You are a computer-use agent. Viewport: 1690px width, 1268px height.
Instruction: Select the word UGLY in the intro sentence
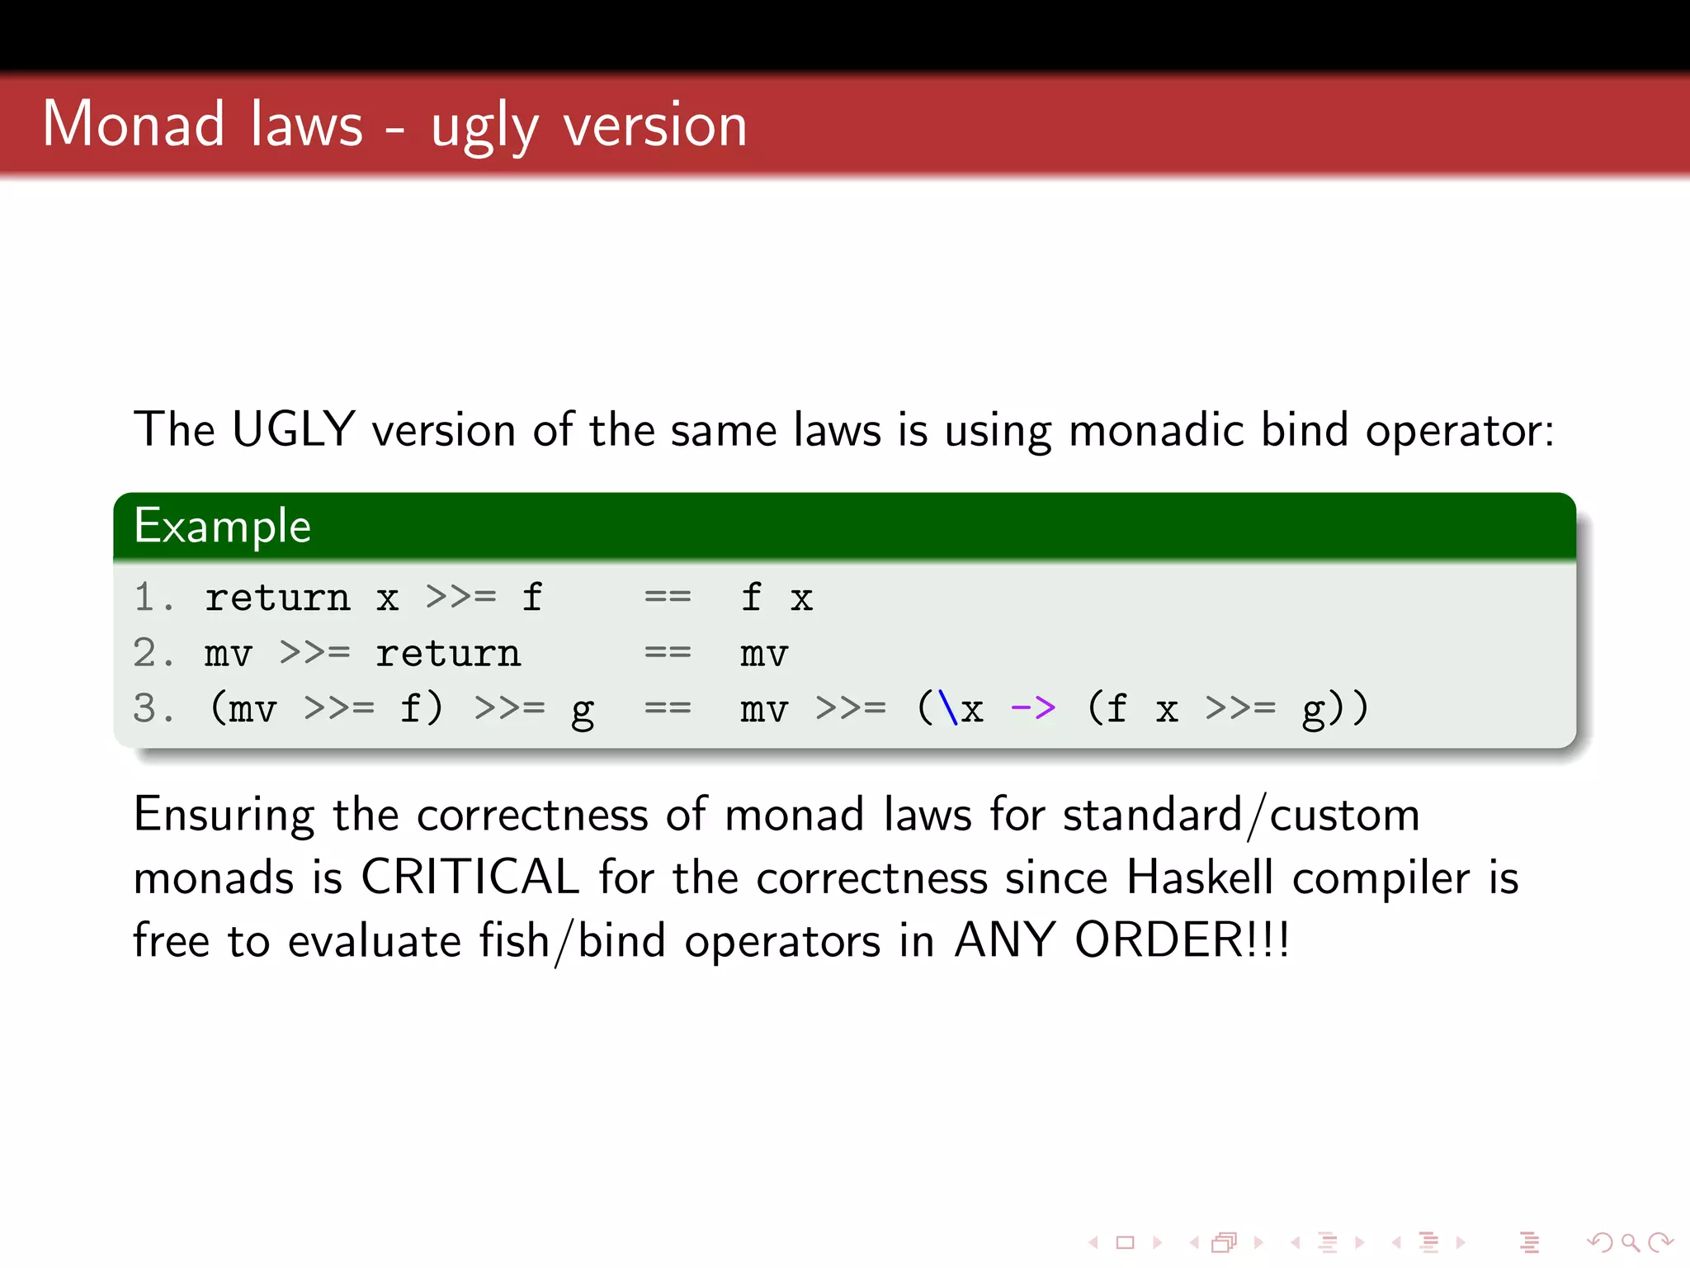[293, 429]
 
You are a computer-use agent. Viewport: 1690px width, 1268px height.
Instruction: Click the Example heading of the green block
[223, 526]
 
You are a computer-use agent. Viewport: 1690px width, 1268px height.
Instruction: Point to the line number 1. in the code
[153, 597]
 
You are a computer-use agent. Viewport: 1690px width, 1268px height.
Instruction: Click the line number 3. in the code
[153, 708]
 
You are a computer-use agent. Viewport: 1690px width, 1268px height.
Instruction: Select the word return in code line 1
[277, 598]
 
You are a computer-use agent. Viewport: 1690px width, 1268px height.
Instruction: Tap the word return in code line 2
[448, 654]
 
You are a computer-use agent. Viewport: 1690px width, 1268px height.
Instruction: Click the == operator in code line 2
[668, 653]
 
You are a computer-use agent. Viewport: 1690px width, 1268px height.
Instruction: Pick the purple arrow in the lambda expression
[1033, 707]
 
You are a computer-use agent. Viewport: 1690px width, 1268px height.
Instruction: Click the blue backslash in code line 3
[948, 707]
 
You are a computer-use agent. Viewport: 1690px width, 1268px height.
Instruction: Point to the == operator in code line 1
[668, 597]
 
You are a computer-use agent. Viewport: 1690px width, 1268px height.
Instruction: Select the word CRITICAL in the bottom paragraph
[470, 877]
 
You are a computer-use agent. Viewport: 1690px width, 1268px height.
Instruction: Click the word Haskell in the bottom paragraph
[1200, 877]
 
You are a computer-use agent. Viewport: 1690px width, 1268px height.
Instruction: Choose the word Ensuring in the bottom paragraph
[224, 816]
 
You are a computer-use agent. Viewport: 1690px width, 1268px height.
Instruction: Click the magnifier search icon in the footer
[1630, 1242]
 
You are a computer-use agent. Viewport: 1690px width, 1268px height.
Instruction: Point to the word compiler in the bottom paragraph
[1381, 878]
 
